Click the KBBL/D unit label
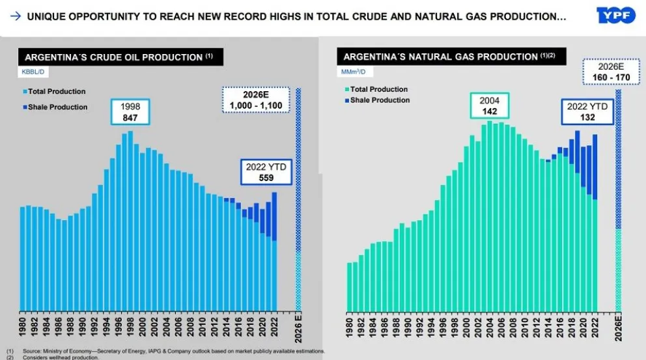32,72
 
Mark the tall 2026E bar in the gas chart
618,195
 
